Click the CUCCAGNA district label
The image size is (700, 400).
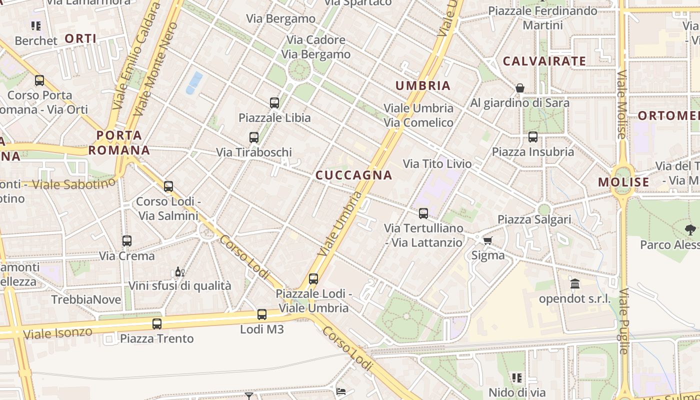click(x=354, y=175)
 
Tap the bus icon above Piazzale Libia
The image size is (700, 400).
click(x=274, y=103)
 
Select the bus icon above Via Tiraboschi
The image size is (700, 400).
click(x=254, y=137)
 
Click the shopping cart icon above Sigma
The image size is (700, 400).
click(x=488, y=240)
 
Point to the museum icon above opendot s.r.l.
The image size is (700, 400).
click(x=575, y=284)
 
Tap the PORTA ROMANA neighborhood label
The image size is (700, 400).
click(x=119, y=142)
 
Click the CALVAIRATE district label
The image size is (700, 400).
click(x=544, y=61)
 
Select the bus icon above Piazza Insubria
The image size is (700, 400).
click(x=533, y=137)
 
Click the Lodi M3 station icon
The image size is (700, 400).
click(x=262, y=314)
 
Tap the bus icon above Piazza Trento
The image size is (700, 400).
click(x=157, y=324)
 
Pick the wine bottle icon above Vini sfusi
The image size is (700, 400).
click(x=179, y=272)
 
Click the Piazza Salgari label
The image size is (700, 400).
click(x=534, y=219)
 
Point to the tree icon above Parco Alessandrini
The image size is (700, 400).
click(x=690, y=230)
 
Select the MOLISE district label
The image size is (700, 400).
click(x=623, y=182)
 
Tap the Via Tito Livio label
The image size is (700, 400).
click(x=437, y=163)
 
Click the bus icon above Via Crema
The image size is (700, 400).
click(x=127, y=241)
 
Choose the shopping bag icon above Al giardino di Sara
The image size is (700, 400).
click(x=520, y=88)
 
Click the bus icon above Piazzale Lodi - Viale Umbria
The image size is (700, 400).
click(x=313, y=279)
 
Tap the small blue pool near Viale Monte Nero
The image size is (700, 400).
click(x=194, y=82)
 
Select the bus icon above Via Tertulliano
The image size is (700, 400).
click(x=423, y=213)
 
